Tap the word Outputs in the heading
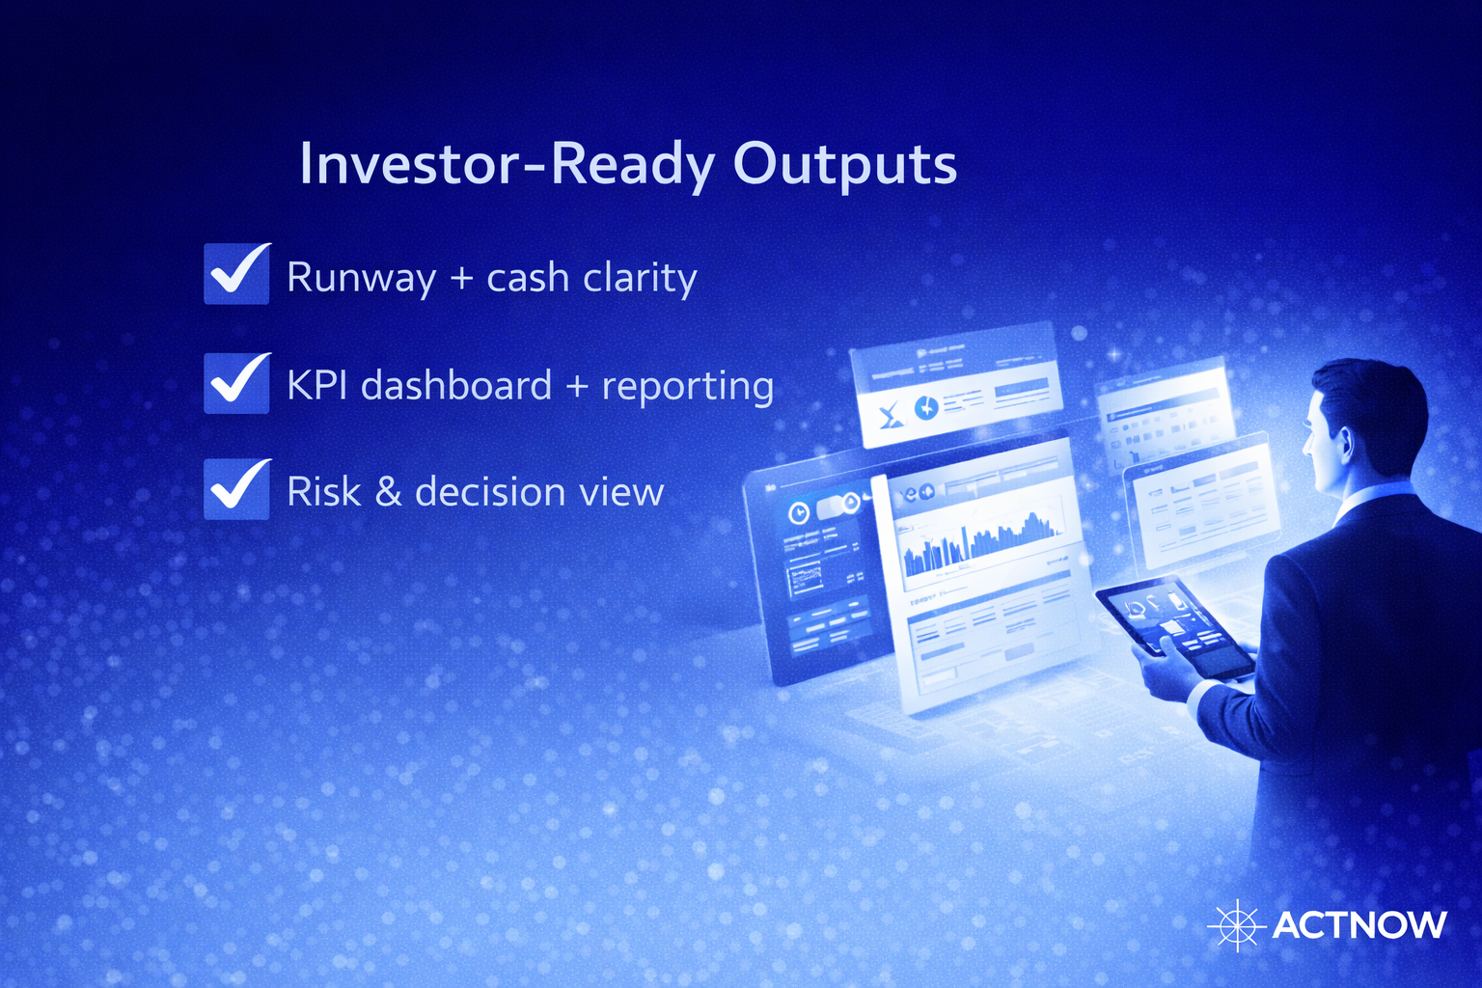[844, 164]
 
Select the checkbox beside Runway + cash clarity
[236, 274]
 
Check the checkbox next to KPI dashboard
[236, 382]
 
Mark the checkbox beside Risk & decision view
[236, 489]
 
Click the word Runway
[361, 279]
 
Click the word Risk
[323, 492]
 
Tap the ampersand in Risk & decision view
[388, 492]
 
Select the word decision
[489, 492]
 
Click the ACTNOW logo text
[1358, 925]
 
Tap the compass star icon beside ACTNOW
[1236, 925]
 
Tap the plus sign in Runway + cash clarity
[461, 279]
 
